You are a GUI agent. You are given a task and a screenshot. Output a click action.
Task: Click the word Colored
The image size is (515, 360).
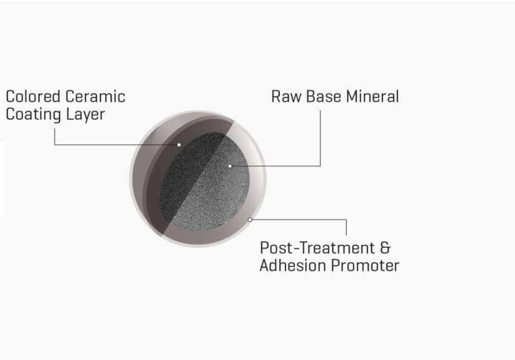pos(33,96)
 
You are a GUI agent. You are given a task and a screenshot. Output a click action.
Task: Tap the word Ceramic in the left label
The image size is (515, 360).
pos(95,96)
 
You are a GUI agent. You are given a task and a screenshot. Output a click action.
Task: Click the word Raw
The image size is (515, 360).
pos(286,96)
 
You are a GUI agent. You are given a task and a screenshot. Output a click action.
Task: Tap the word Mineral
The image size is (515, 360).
pos(372,96)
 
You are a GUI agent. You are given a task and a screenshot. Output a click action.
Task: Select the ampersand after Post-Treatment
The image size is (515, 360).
pos(385,247)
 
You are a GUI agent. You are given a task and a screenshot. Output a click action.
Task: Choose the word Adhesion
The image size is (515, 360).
pos(292,265)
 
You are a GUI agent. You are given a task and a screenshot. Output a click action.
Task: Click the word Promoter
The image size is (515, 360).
pos(365,265)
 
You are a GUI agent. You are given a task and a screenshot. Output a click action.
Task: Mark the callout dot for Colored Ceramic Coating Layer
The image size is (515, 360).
pos(179,145)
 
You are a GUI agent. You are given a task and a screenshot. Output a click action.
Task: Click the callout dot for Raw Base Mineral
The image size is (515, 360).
pos(230,166)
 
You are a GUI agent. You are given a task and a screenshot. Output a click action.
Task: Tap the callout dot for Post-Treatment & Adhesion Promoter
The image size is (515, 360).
pos(250,220)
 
